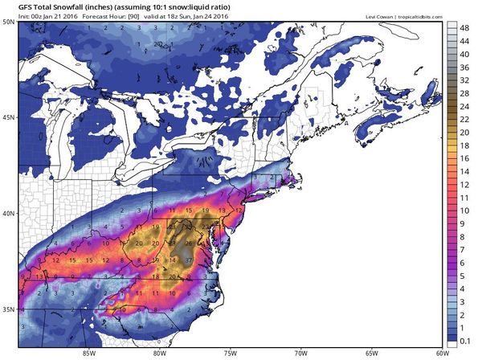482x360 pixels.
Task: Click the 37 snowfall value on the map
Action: [x=190, y=261]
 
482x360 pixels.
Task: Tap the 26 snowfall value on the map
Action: [x=189, y=242]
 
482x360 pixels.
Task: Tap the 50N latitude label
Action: [x=9, y=21]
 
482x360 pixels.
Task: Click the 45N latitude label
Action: [x=9, y=117]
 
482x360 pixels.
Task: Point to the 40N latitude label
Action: [x=9, y=214]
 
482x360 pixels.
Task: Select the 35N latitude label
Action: [x=9, y=309]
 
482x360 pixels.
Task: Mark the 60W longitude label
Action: [x=440, y=350]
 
